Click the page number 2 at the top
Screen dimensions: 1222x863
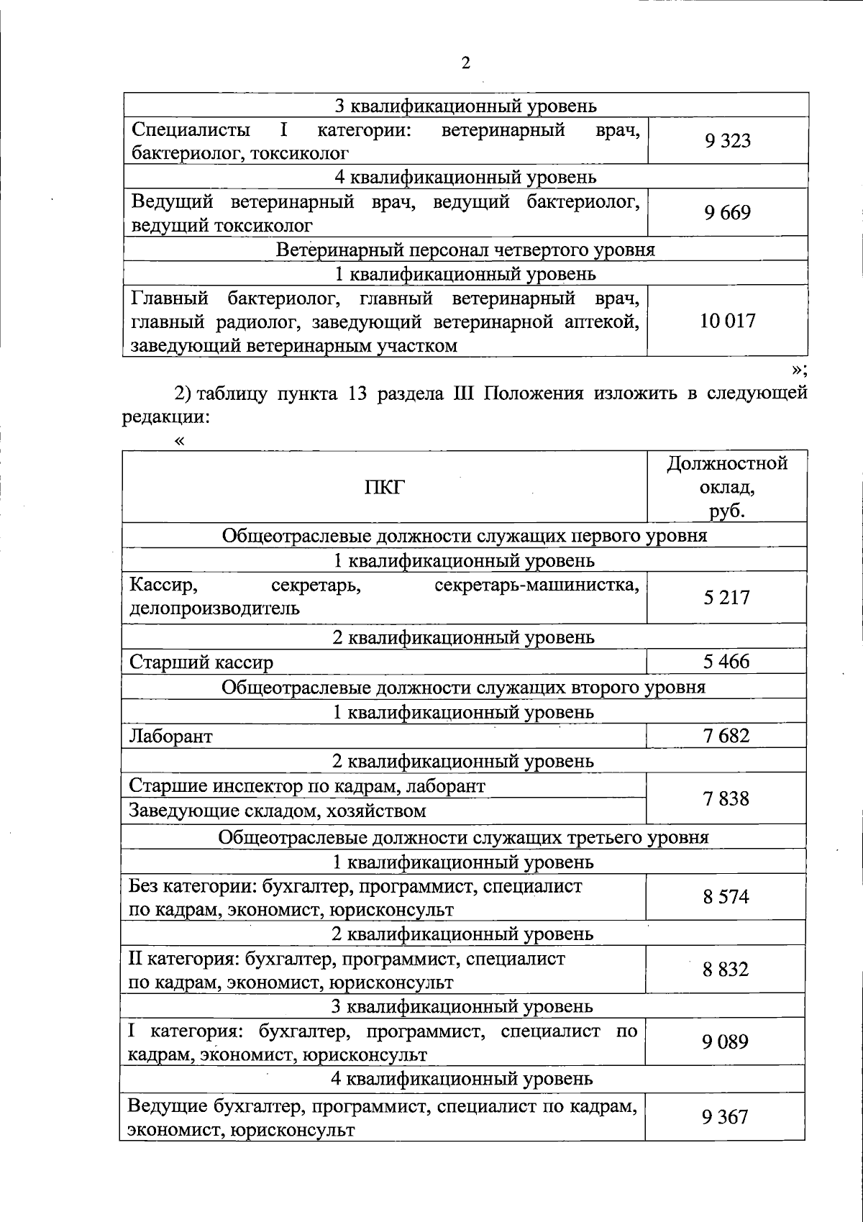coord(465,63)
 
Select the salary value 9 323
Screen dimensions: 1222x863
coord(728,140)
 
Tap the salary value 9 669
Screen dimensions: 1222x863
coord(728,213)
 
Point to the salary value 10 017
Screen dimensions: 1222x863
coord(728,321)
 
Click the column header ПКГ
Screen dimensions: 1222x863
coord(385,487)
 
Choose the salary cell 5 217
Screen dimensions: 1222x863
coord(727,597)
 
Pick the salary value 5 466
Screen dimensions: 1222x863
coord(727,661)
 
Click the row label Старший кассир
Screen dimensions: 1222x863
coord(201,662)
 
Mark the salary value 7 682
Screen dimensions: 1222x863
coord(727,735)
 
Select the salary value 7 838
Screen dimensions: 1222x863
coord(727,798)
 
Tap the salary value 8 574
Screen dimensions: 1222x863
coord(726,897)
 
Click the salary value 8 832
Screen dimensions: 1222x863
coord(726,969)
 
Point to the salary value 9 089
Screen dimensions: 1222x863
coord(726,1041)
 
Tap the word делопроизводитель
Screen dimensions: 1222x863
coord(214,609)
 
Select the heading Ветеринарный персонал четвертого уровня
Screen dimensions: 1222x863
coord(465,250)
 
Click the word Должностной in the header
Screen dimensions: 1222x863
coord(727,463)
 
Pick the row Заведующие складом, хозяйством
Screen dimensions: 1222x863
coord(278,811)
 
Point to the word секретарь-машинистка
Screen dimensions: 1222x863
coord(536,585)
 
